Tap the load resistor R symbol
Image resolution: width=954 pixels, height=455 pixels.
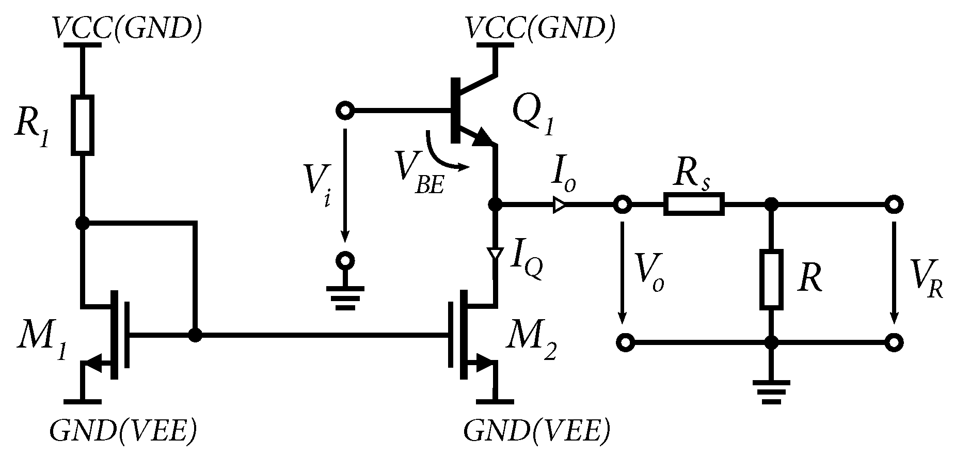(771, 279)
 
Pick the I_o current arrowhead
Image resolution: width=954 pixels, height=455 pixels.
(559, 205)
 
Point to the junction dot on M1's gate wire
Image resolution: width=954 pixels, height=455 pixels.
(195, 335)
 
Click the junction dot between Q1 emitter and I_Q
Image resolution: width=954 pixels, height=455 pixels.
(495, 205)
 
